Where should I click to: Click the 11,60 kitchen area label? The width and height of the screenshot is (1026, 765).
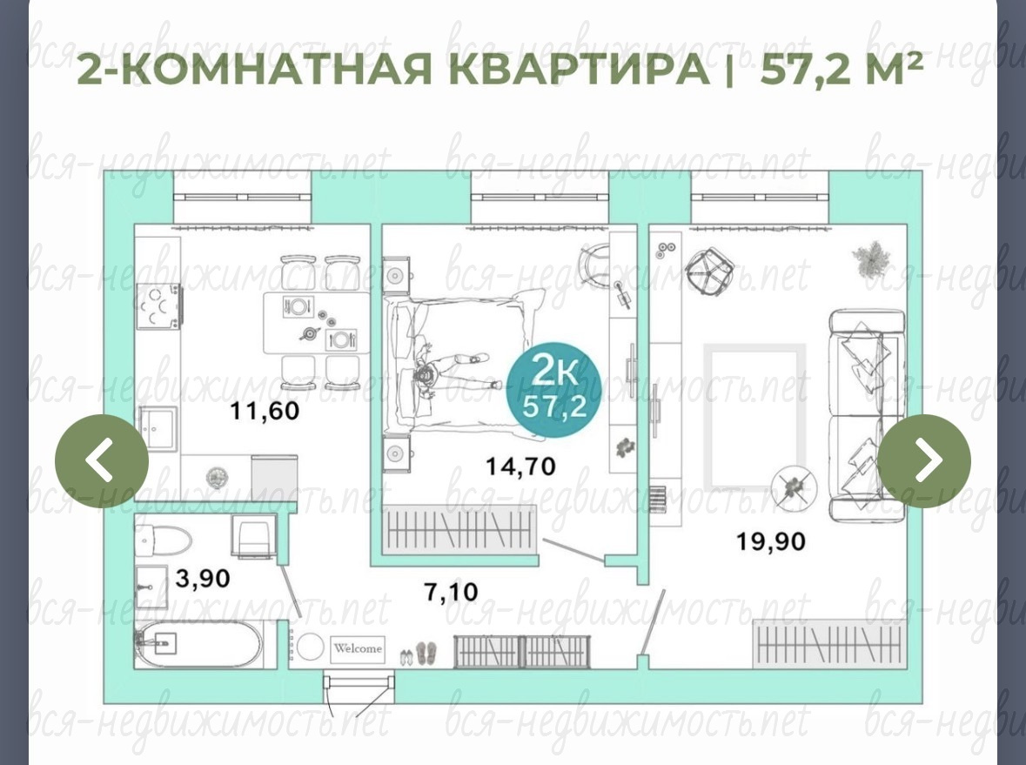pos(265,411)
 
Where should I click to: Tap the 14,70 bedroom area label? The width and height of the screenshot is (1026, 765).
pos(520,466)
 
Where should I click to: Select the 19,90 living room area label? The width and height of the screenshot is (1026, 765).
pos(771,541)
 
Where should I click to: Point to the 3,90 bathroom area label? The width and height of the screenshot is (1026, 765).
pos(203,579)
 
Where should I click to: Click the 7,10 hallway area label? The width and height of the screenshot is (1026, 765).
pos(451,592)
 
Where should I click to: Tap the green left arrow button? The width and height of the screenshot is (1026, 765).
pos(102,460)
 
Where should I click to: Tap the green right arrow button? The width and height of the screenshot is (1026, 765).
pos(924,460)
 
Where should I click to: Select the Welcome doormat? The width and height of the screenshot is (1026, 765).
pos(358,648)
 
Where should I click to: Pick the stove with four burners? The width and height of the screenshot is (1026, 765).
pos(158,307)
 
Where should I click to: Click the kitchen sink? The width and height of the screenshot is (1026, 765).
pos(157,428)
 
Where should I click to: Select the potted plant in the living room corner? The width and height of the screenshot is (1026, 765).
pos(872,260)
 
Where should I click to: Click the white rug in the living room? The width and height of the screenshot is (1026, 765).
pos(754,418)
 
